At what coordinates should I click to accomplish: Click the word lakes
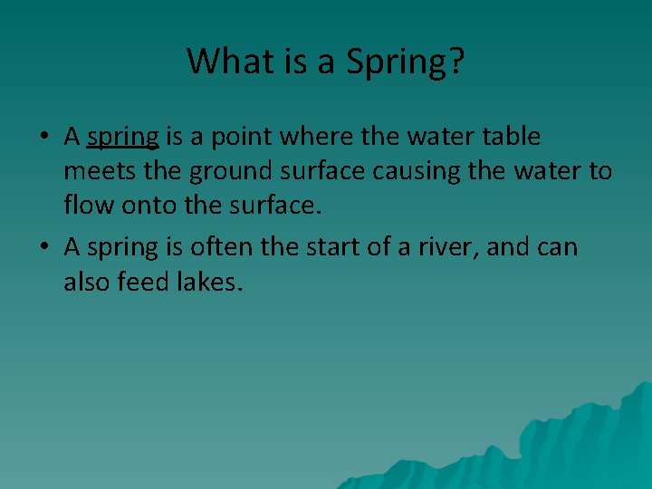(x=214, y=281)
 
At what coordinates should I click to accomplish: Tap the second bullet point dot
(x=43, y=247)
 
